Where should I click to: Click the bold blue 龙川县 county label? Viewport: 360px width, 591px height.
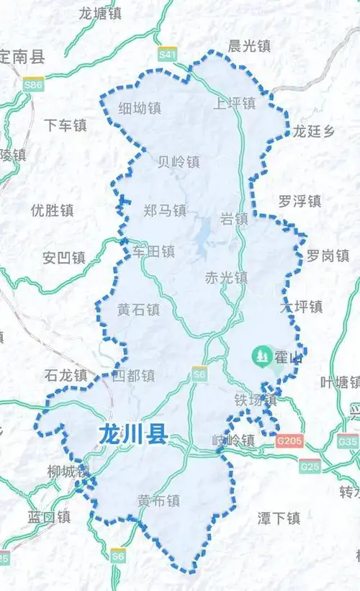coord(132,434)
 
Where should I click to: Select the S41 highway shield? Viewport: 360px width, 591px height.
coord(168,55)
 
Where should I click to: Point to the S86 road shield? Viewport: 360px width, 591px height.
coord(33,85)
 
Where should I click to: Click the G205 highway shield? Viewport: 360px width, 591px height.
coord(290,441)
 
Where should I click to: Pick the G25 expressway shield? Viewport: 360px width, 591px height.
coord(310,466)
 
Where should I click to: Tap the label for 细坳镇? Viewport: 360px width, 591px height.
coord(140,108)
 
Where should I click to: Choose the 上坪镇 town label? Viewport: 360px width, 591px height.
coord(234,103)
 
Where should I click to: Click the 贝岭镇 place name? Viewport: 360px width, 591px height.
coord(179,161)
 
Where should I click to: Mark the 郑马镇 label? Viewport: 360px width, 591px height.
coord(165,210)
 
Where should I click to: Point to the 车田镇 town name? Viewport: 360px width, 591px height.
coord(153,251)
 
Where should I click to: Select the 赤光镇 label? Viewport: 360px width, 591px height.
coord(226,277)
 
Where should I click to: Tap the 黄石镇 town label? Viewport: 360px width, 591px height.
coord(139,310)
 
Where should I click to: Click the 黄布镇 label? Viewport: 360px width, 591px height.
coord(159,500)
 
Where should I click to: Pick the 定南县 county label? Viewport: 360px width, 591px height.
coord(22,55)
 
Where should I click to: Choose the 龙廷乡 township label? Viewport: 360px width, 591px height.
coord(314,131)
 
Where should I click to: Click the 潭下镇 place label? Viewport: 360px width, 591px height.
coord(279,518)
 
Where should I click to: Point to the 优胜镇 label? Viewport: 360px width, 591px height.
coord(53,210)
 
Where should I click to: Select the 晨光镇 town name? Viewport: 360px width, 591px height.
coord(249,46)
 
